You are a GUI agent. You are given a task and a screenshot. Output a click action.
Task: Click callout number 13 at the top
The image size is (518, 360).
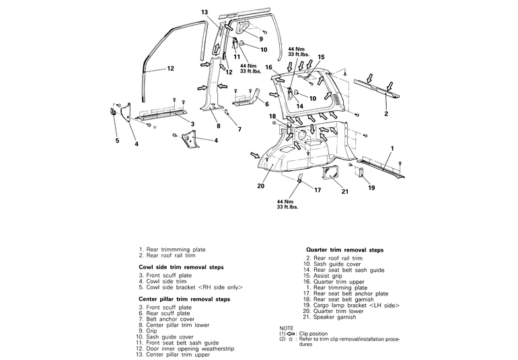205,12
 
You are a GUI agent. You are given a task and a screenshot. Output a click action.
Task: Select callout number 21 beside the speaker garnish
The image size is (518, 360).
344,192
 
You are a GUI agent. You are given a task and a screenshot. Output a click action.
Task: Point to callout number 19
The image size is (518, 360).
371,188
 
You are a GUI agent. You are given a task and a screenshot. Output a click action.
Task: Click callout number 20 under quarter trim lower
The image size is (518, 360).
261,186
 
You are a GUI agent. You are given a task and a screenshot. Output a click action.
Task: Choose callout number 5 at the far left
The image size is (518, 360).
116,141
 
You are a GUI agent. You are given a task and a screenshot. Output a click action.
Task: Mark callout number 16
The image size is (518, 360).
268,67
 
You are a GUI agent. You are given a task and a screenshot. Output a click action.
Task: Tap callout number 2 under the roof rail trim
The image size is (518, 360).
386,114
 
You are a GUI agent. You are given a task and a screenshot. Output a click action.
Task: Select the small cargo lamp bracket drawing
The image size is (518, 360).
359,174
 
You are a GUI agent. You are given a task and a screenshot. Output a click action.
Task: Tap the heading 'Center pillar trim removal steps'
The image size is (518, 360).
184,299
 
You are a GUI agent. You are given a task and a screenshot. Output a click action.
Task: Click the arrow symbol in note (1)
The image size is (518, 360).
292,333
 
